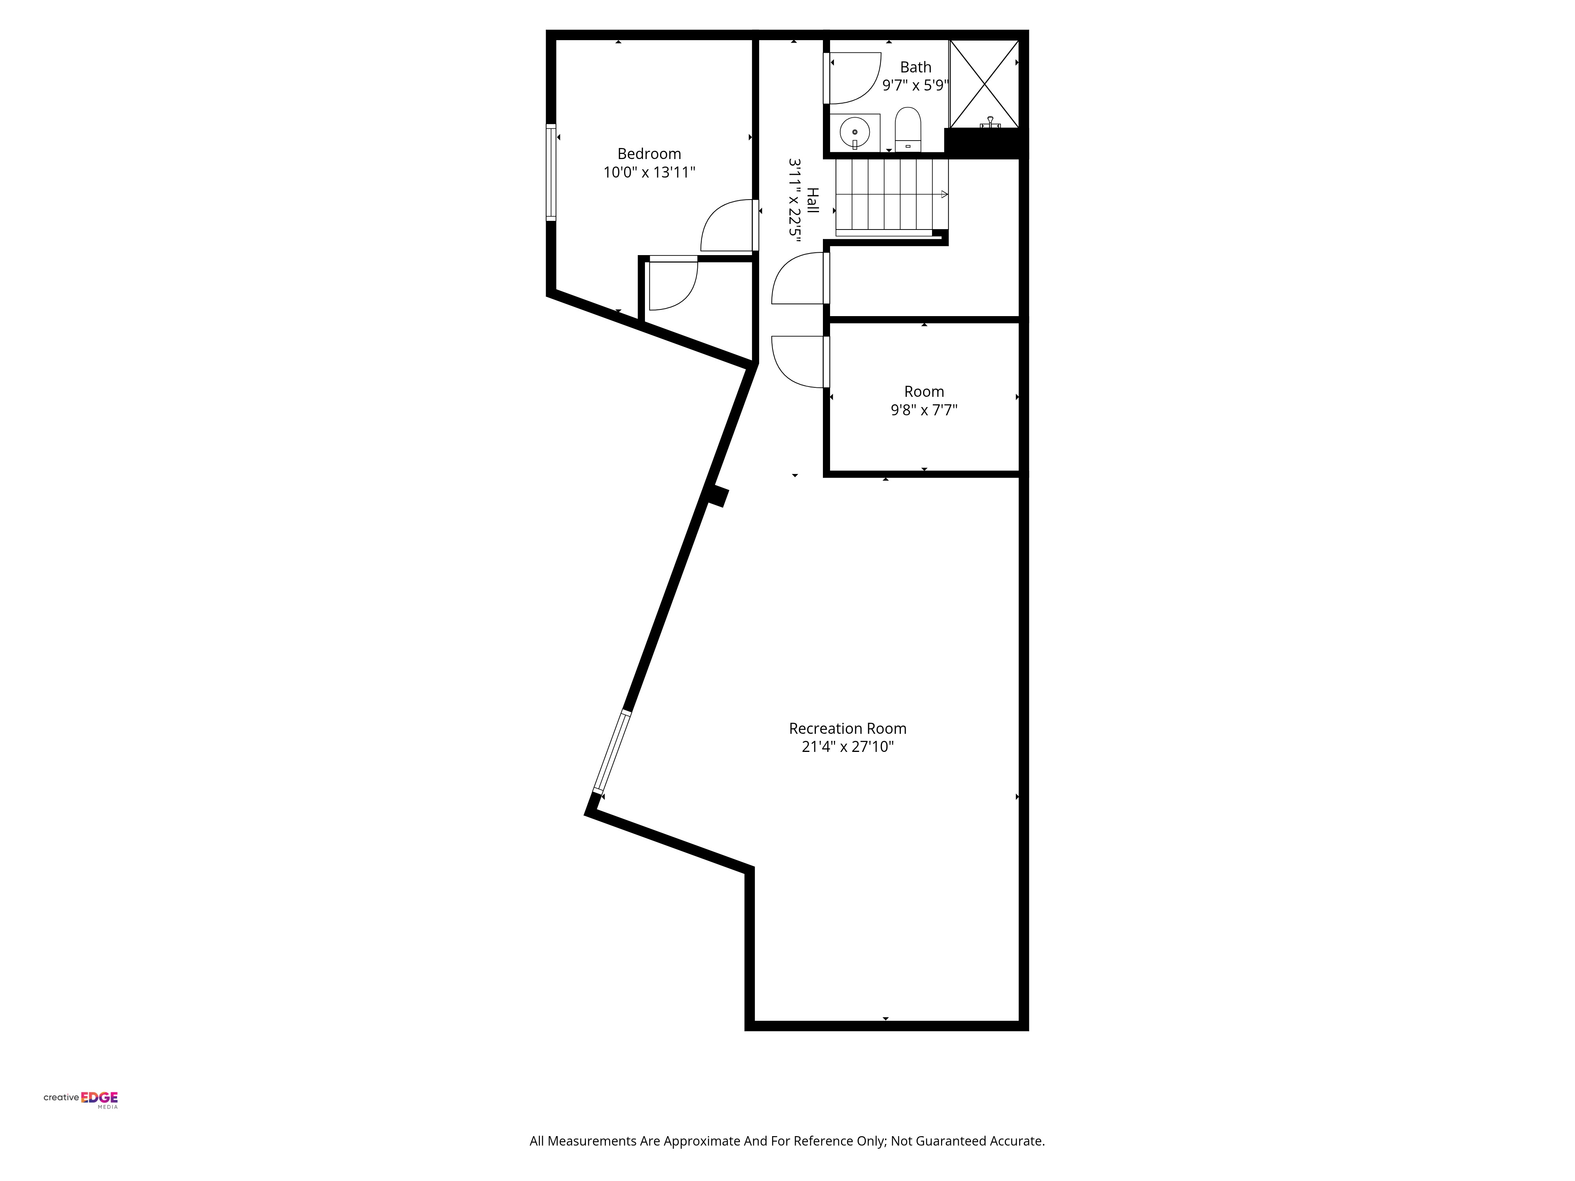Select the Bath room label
click(x=915, y=67)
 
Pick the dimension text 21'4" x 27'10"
click(x=847, y=747)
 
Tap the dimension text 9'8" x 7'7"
click(x=924, y=410)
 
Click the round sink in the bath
click(x=854, y=132)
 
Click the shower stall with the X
click(x=984, y=84)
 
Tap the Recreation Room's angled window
click(x=612, y=752)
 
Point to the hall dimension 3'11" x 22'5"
click(x=795, y=200)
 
